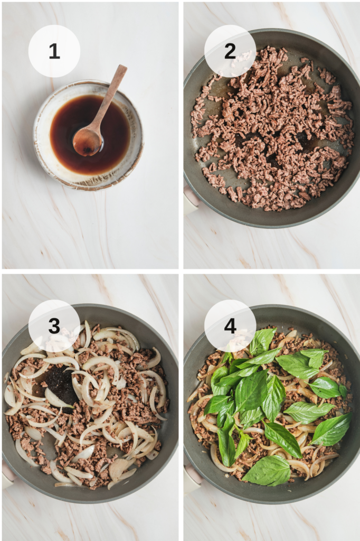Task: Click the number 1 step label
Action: point(54,51)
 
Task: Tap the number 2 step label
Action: point(230,51)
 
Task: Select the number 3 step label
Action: point(54,325)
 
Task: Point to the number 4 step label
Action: point(230,325)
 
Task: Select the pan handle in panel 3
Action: point(7,475)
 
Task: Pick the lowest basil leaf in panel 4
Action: point(268,471)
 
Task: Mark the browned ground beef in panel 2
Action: point(272,128)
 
